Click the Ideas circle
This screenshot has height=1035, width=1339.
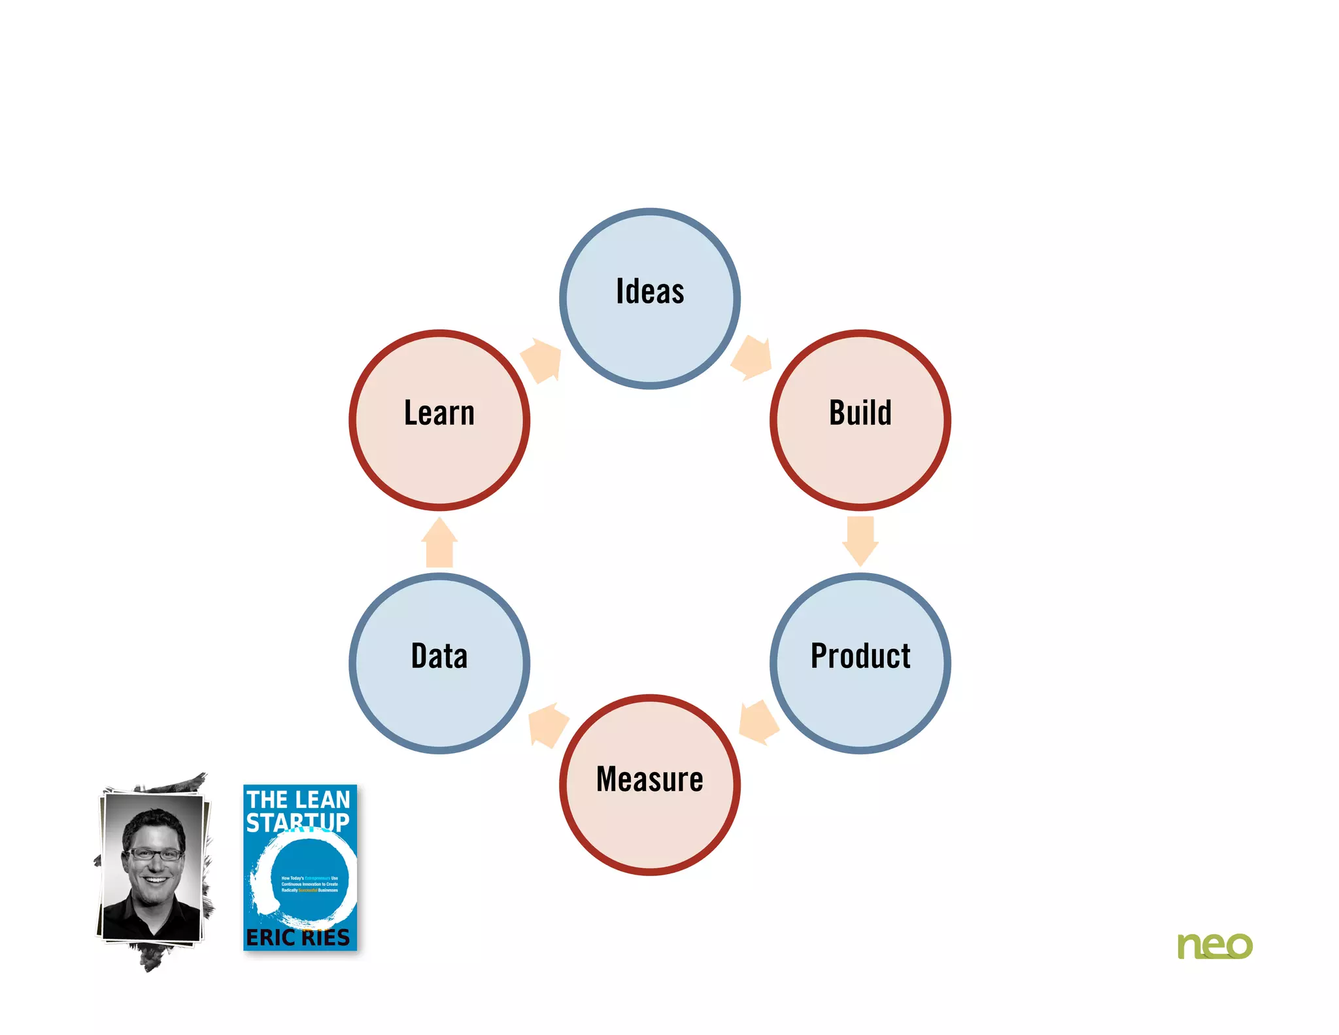coord(650,298)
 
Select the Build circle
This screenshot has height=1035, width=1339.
coord(860,420)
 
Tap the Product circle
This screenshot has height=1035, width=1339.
coord(860,663)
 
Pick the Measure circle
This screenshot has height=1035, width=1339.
coord(650,784)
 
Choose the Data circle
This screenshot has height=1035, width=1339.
coord(439,663)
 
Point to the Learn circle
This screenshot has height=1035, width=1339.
coord(439,420)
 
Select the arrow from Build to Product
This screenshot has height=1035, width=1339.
coord(860,540)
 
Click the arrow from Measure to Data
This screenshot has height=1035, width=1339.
coord(547,724)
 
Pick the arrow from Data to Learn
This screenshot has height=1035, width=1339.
coord(439,542)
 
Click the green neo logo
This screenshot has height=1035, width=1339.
coord(1214,946)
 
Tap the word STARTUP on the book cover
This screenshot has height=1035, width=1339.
coord(297,822)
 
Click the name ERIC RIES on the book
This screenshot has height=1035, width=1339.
coord(297,938)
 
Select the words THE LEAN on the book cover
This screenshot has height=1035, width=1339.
coord(298,799)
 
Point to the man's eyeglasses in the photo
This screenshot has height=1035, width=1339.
coord(155,854)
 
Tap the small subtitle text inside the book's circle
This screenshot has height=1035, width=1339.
coord(309,884)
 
